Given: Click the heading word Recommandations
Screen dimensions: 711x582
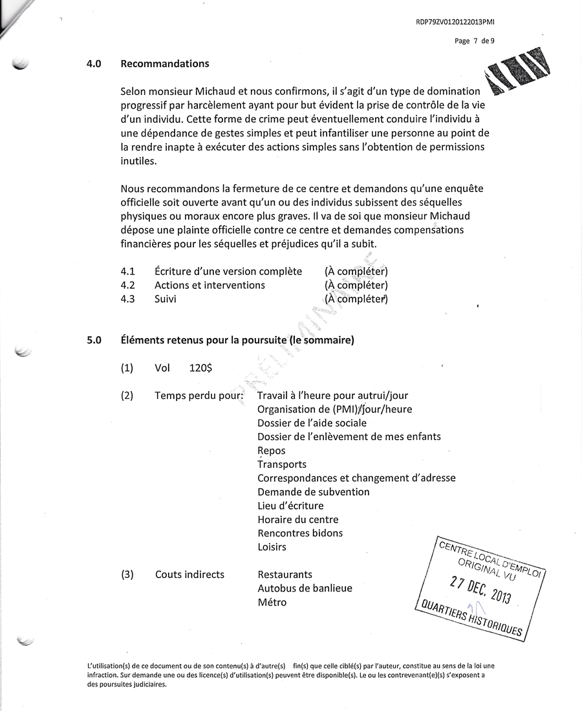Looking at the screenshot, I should tap(164, 64).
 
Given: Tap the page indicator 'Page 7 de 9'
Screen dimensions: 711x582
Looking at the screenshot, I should tap(475, 41).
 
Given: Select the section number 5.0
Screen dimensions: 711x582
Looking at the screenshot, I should tap(94, 340).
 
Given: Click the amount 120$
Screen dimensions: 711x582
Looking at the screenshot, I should tap(200, 368).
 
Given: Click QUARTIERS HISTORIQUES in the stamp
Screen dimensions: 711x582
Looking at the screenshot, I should tap(471, 619).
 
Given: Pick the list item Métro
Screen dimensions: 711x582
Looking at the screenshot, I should tap(272, 602).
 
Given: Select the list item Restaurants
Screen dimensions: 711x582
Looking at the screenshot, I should tap(285, 575).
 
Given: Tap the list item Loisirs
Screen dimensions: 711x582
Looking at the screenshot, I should tap(272, 547).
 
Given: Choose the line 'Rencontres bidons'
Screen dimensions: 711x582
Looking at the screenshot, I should tap(300, 533).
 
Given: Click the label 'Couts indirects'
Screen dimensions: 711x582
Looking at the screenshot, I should tap(189, 575).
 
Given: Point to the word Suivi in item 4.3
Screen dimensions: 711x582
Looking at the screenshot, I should tap(166, 299).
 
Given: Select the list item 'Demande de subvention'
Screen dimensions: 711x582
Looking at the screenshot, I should tap(314, 492).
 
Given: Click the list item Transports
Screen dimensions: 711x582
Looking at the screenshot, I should tap(282, 464).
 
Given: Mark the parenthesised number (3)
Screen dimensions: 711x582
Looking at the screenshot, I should tap(127, 575).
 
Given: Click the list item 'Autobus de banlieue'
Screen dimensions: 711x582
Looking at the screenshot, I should tap(305, 588).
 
